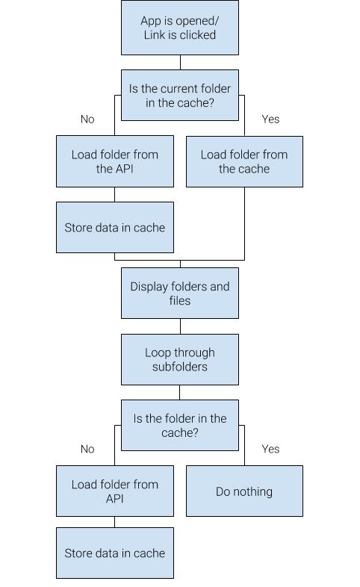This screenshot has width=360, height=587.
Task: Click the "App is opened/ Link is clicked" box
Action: point(179,28)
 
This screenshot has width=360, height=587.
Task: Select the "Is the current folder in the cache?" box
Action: point(179,95)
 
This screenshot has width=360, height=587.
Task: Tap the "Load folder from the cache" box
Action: point(244,161)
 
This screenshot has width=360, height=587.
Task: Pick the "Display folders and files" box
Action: point(179,293)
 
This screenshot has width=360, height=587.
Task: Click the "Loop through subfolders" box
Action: point(179,359)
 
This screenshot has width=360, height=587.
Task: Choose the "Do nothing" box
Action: point(244,491)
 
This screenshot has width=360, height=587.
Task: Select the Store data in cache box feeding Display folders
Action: point(115,227)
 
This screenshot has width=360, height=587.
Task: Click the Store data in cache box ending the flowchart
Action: point(115,553)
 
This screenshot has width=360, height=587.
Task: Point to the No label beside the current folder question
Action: point(87,119)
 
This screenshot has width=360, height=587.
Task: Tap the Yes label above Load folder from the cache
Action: point(270,119)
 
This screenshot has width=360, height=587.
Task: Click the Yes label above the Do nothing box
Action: point(270,449)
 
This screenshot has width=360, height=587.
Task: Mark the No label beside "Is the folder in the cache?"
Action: point(87,449)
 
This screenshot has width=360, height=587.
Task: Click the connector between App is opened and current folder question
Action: point(180,62)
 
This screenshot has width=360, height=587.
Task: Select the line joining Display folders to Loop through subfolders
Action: point(180,326)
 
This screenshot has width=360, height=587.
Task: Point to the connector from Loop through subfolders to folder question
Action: point(179,392)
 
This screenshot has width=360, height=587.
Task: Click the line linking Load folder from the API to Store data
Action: point(114,194)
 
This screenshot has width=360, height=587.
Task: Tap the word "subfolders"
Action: point(179,367)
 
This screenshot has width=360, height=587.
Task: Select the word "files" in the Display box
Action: point(179,300)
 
